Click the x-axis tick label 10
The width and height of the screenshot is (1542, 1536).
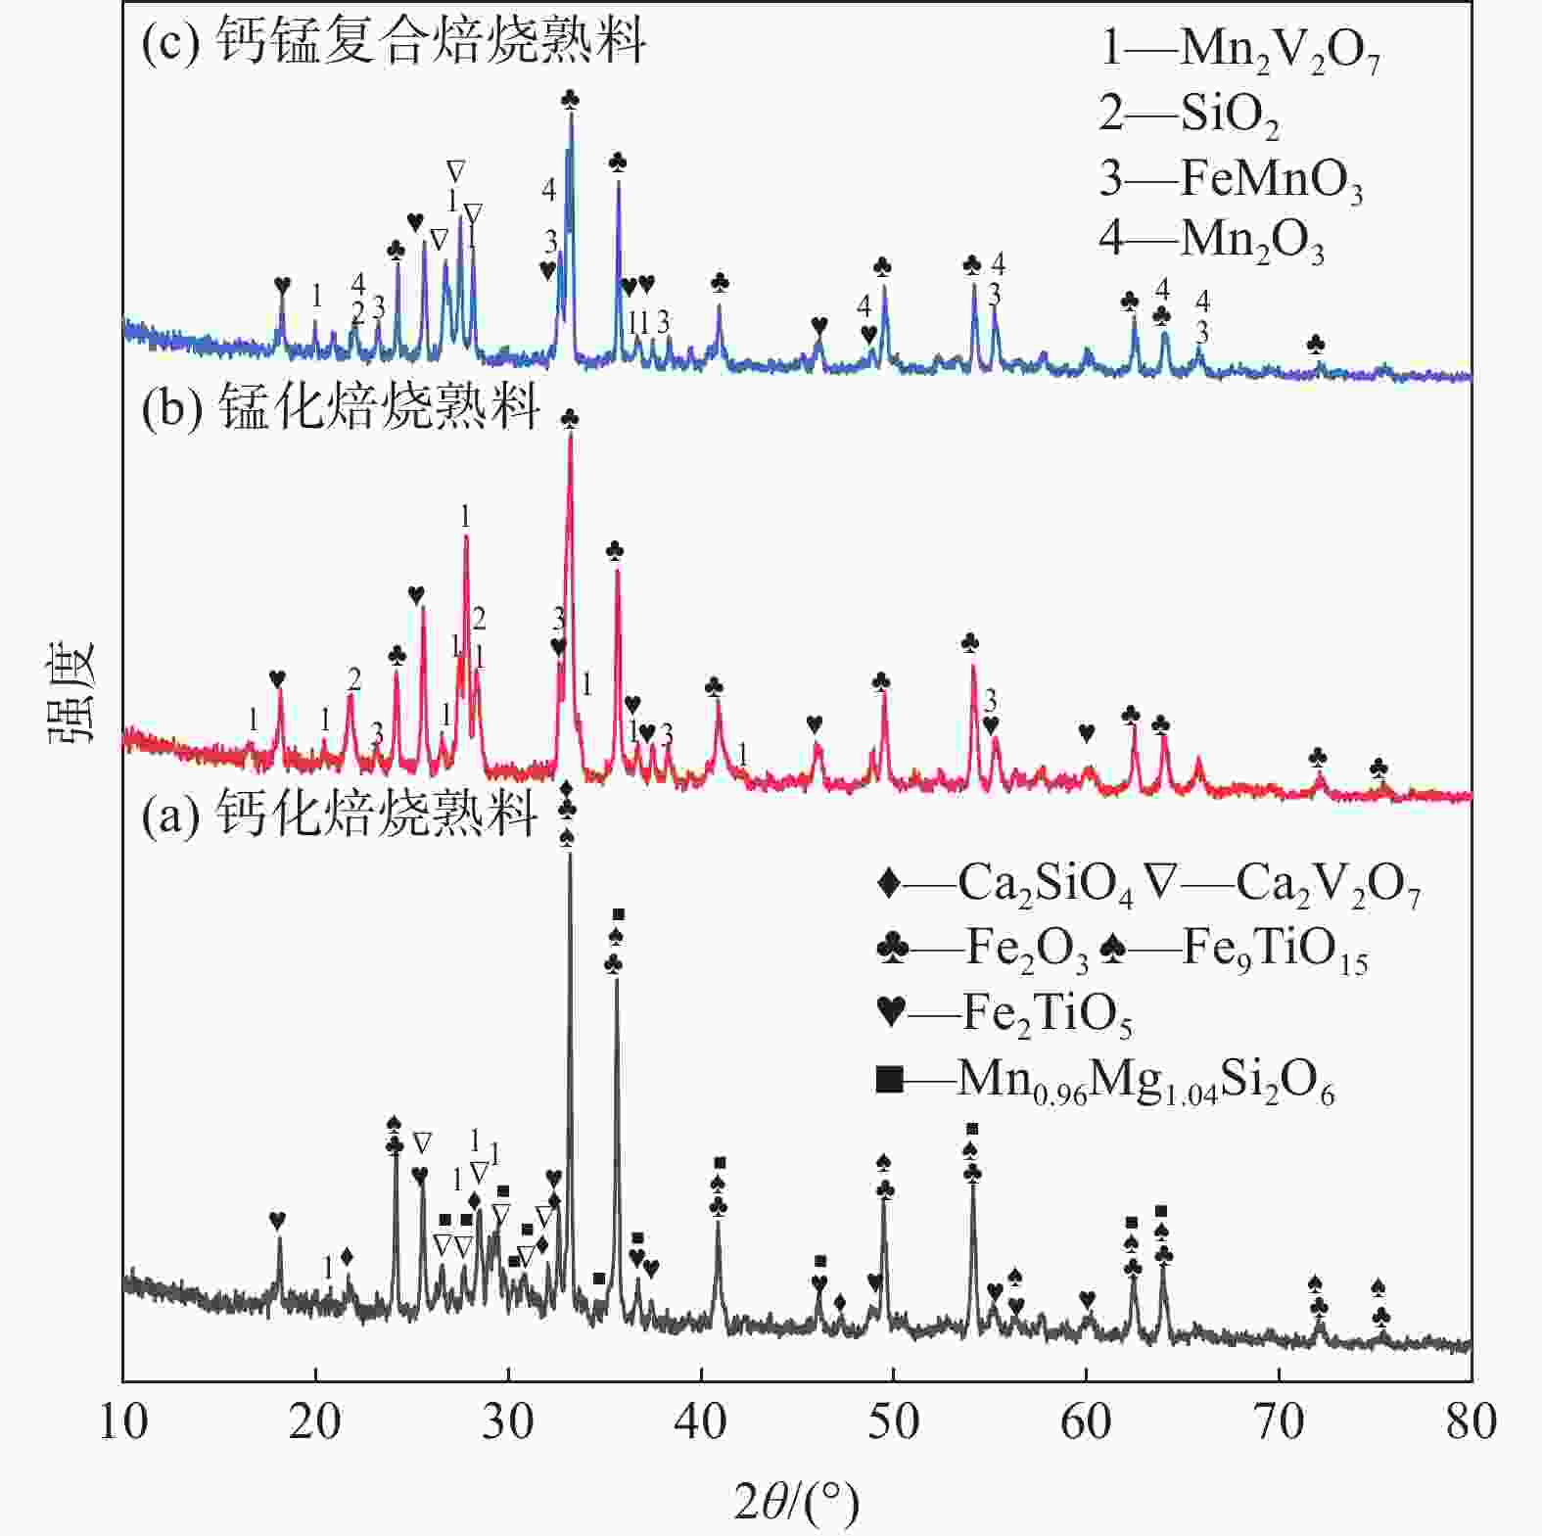[x=123, y=1421]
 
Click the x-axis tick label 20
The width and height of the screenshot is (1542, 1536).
[x=315, y=1421]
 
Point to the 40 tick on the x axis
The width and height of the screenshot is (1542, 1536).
[x=701, y=1421]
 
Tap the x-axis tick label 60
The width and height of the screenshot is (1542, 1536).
[x=1086, y=1421]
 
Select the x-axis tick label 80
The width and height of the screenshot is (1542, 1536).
[x=1471, y=1421]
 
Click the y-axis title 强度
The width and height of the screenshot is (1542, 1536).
[x=70, y=691]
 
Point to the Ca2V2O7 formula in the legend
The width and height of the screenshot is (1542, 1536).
[x=1328, y=884]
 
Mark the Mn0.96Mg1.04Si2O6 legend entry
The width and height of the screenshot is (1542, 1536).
[x=1106, y=1081]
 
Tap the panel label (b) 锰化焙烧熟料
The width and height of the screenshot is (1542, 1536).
[x=340, y=406]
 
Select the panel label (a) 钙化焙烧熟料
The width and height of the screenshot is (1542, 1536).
[x=340, y=814]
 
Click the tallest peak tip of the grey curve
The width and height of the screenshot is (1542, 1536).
[x=570, y=854]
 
